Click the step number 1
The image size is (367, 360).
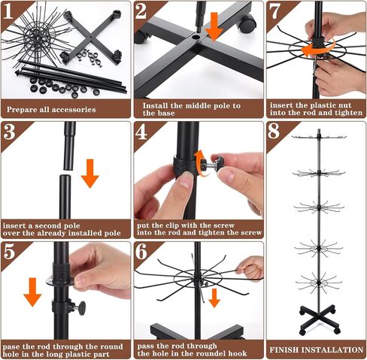8,11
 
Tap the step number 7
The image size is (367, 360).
275,11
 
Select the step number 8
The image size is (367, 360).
274,131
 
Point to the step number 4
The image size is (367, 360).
141,132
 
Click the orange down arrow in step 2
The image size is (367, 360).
214,27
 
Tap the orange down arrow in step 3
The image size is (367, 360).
90,174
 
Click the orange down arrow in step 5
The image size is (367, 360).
32,292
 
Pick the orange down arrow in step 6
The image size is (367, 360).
214,298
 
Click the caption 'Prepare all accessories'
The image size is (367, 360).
51,110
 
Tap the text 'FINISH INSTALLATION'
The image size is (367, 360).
317,349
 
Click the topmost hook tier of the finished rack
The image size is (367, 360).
319,137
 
